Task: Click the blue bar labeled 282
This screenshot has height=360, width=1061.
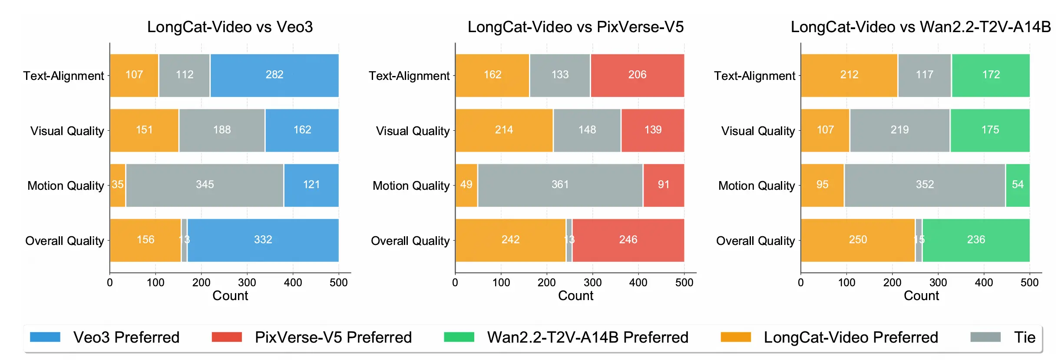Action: (274, 75)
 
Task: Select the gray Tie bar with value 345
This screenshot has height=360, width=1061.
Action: (205, 185)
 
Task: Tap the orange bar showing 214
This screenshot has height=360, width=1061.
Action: (504, 130)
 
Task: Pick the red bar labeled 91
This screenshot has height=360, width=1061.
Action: (663, 185)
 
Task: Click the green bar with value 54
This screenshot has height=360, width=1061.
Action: (1017, 185)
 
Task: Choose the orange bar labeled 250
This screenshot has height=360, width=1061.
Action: (858, 240)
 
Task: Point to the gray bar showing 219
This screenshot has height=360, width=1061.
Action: (899, 130)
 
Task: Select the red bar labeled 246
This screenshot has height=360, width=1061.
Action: (628, 240)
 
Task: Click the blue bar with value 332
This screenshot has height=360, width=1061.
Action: (263, 240)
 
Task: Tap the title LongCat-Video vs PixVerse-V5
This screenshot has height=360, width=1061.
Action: (575, 27)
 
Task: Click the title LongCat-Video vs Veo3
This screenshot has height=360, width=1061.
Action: (230, 27)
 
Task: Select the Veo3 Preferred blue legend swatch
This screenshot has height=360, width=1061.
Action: (45, 337)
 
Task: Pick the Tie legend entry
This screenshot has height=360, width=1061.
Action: (1024, 337)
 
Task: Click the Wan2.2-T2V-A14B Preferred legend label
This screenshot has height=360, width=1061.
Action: (588, 337)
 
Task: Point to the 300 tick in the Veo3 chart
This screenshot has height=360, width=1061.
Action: (247, 283)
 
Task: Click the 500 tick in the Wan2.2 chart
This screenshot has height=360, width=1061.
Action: (1029, 283)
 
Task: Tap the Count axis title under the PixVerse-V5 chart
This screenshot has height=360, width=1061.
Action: (575, 296)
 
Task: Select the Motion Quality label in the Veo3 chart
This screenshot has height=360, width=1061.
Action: (66, 186)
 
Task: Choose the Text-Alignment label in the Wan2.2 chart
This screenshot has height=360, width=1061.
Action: (754, 76)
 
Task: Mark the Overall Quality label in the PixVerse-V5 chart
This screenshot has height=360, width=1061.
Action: (410, 241)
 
